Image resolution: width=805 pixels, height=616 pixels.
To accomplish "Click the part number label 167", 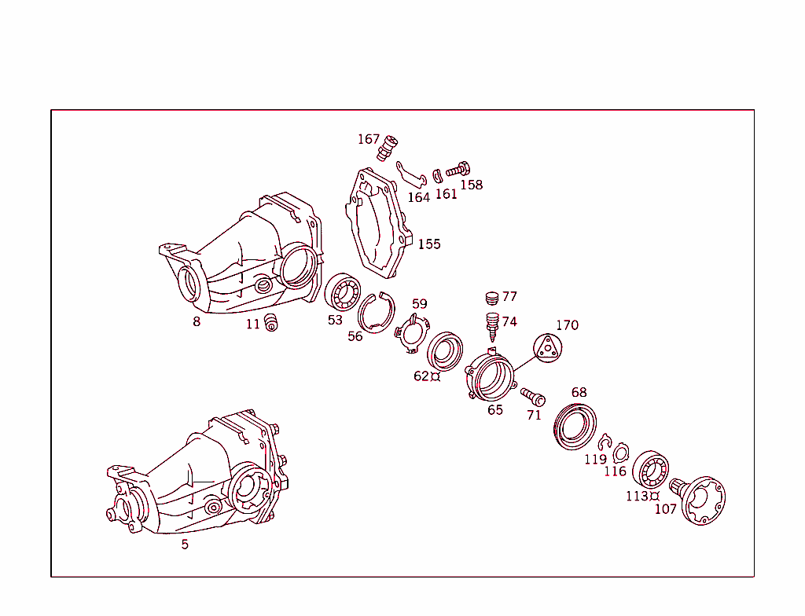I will click(369, 139).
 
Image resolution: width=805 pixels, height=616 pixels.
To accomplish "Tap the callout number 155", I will click(429, 244).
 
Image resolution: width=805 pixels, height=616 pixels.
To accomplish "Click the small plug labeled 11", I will click(272, 322).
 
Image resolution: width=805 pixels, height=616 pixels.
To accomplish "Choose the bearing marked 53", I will click(343, 292).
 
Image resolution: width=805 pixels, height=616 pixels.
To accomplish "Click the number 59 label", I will click(420, 304).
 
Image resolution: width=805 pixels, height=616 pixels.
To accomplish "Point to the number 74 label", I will click(509, 321).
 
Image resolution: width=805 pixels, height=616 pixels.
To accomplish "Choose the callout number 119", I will click(595, 460).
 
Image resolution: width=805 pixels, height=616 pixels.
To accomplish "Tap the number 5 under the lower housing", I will click(185, 544).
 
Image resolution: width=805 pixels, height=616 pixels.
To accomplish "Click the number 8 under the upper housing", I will click(197, 321).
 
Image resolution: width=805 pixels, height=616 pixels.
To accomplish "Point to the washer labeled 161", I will click(438, 174).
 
